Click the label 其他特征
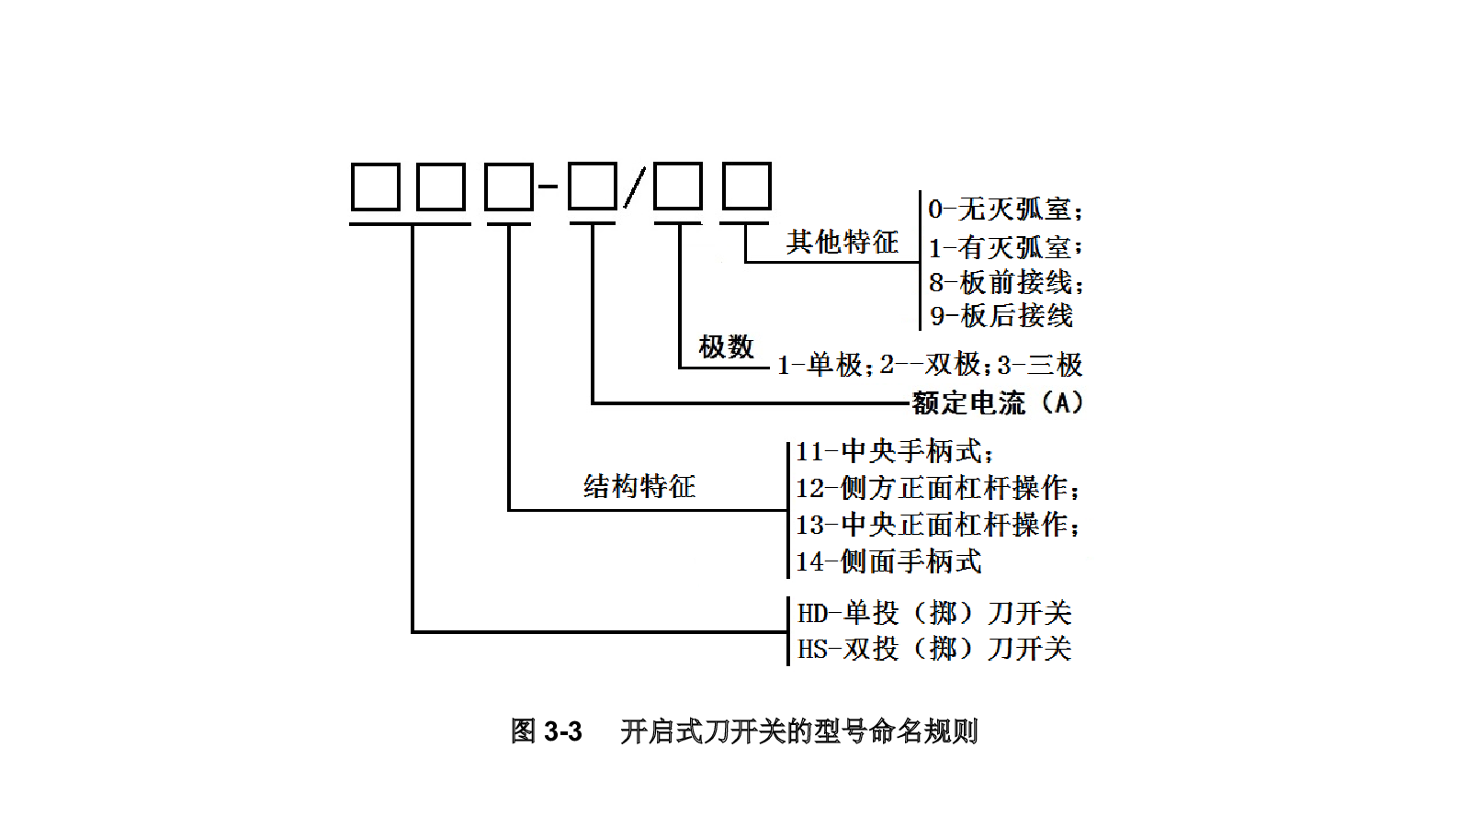842,242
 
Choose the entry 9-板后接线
1001,316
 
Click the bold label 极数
727,346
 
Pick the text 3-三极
1040,365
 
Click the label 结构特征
639,486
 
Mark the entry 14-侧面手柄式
889,561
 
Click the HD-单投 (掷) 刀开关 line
934,613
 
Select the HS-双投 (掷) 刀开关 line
934,649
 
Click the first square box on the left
376,187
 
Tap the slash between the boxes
635,187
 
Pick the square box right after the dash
592,187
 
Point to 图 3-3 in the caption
547,731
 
